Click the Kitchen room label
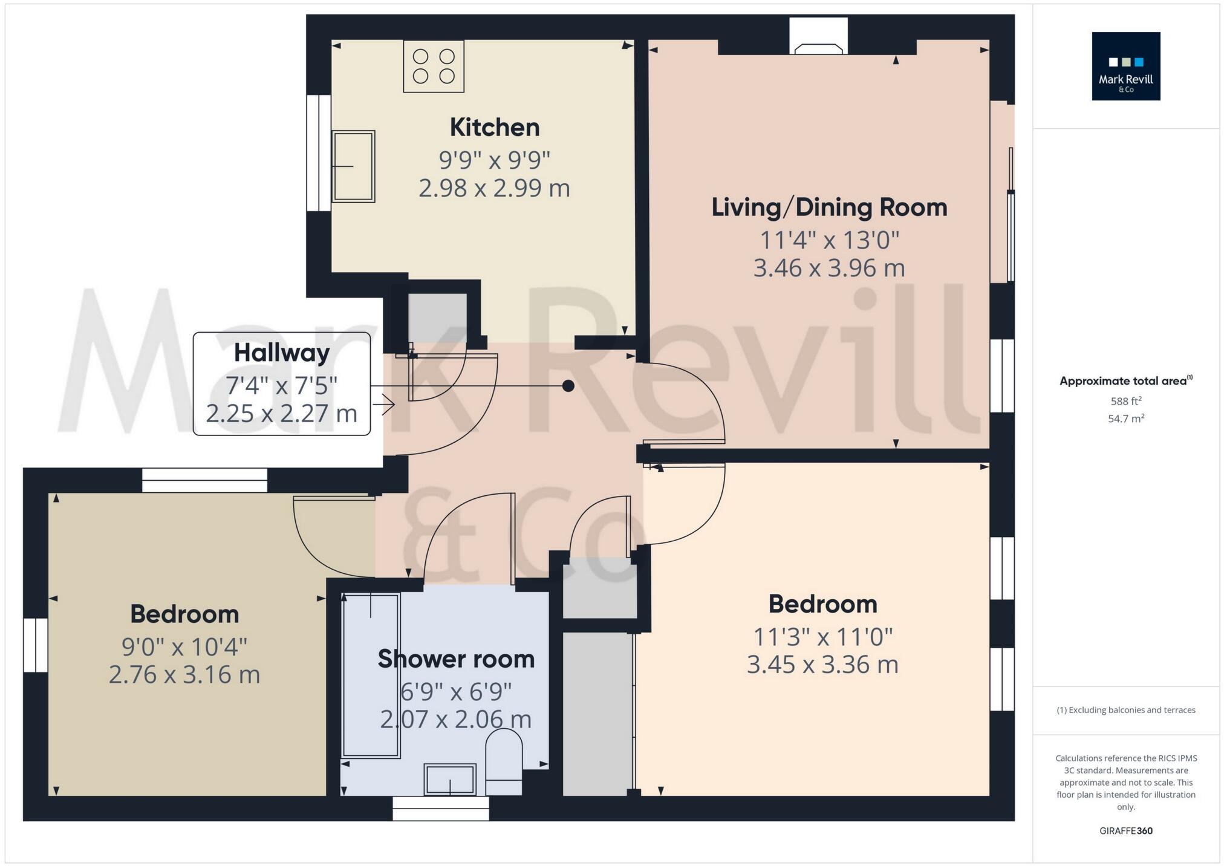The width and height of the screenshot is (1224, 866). tap(494, 128)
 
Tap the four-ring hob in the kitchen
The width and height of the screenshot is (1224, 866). tap(434, 67)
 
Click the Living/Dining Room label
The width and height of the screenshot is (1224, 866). tap(828, 207)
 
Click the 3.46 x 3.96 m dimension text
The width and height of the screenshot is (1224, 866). tap(828, 268)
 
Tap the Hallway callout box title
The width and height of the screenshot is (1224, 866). tap(282, 353)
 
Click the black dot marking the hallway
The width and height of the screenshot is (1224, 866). tap(568, 386)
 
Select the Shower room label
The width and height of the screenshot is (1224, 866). tap(456, 659)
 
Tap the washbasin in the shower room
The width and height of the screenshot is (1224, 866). tap(450, 779)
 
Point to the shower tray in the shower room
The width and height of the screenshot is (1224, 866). tap(371, 675)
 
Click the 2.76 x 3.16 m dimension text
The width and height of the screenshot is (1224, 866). tap(184, 674)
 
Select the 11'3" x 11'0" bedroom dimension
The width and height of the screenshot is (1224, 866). tap(822, 637)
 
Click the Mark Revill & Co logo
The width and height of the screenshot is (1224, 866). tap(1125, 67)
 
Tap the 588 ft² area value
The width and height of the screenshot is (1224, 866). tap(1125, 401)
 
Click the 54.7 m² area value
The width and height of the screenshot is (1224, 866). tap(1125, 418)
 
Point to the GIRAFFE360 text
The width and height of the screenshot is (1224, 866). tap(1125, 831)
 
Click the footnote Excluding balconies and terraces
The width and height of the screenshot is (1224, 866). tap(1125, 710)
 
